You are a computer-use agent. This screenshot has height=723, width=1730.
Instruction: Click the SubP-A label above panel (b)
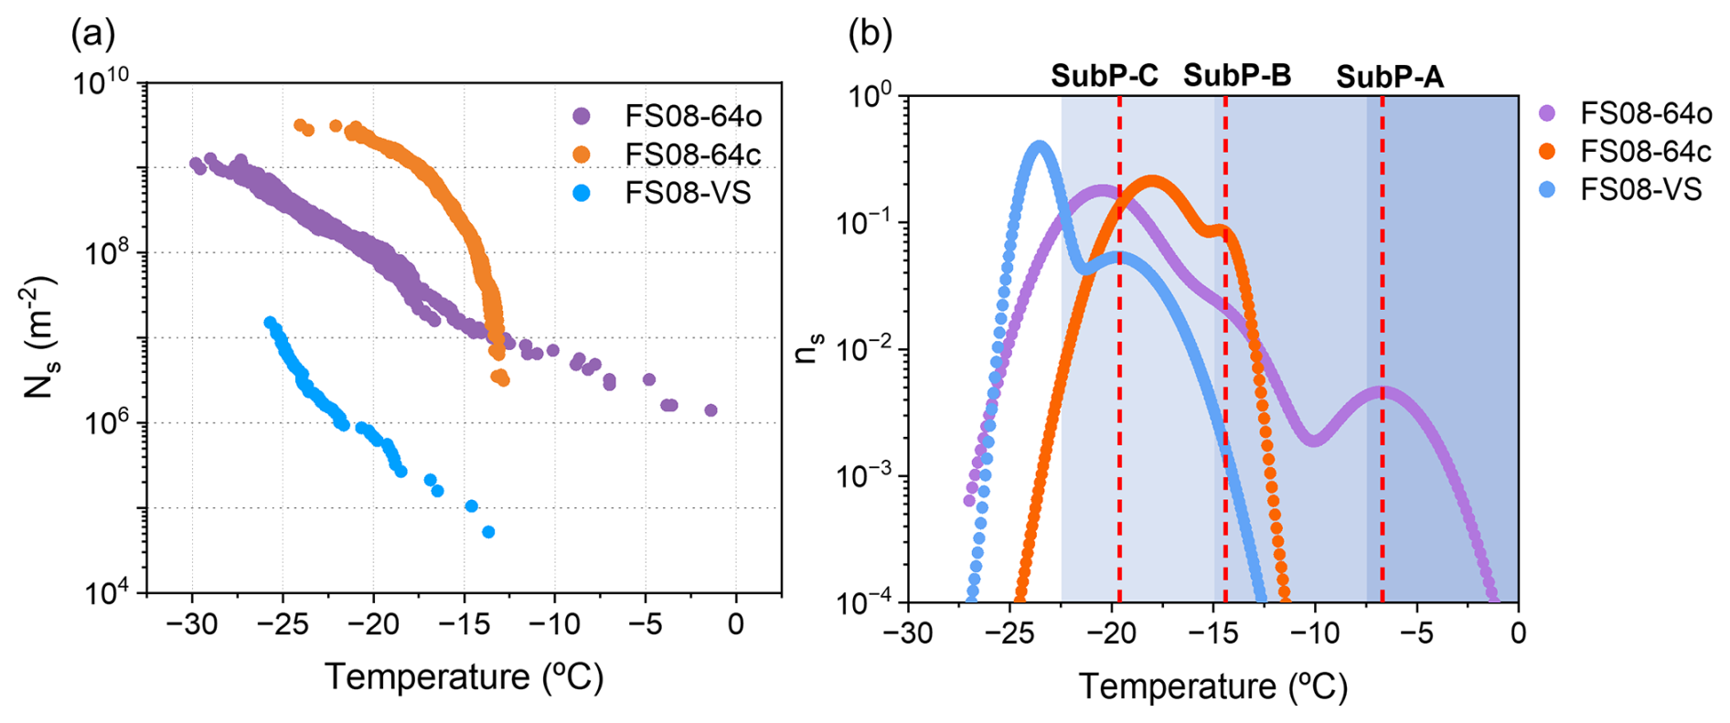tap(1390, 78)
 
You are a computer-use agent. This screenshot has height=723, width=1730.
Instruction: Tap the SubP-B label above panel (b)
tap(1237, 76)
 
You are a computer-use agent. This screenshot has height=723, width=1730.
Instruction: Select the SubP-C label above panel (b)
tap(1105, 76)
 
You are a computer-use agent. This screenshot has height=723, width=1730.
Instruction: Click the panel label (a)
tap(93, 34)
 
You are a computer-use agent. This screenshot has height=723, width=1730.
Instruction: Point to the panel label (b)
tap(870, 34)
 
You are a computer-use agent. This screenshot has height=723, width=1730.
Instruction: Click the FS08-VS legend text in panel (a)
tap(688, 193)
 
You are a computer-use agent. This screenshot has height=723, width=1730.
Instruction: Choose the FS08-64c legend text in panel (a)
tap(692, 154)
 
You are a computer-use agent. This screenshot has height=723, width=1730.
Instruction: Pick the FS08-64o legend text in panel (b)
tap(1646, 113)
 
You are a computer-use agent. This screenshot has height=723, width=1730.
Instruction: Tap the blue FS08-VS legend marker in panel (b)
tap(1547, 189)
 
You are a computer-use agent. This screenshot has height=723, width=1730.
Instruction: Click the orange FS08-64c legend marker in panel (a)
tap(582, 154)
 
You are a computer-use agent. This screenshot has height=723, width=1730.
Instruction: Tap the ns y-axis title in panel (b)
tap(808, 348)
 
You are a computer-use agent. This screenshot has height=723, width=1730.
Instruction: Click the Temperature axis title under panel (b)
tap(1213, 686)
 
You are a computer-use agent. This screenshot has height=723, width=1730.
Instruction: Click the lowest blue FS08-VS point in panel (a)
tap(488, 532)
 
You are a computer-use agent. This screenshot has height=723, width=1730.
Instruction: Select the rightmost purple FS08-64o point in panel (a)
tap(710, 410)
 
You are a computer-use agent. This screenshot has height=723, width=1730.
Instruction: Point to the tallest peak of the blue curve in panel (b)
tap(1039, 145)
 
